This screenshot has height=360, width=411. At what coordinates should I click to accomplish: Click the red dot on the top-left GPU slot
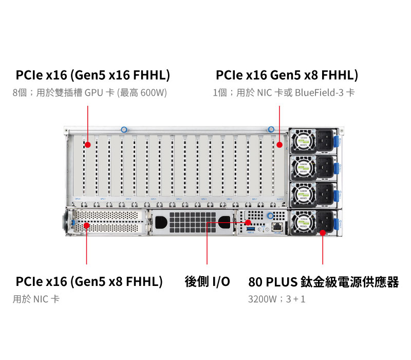(x=88, y=145)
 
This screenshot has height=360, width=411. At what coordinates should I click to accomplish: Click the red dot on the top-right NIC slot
(x=279, y=145)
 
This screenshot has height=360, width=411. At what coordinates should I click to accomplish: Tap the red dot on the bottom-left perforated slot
(x=87, y=225)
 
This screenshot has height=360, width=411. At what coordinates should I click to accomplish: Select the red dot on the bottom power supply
(x=323, y=232)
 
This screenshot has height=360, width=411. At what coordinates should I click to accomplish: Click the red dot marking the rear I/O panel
(x=249, y=223)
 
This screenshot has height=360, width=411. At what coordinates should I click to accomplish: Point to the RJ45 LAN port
(x=277, y=225)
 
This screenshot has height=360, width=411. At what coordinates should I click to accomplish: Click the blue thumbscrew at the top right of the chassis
(x=271, y=130)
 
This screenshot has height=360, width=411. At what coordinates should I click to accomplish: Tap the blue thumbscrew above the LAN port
(x=270, y=217)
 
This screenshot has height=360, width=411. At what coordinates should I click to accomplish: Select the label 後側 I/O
(x=207, y=282)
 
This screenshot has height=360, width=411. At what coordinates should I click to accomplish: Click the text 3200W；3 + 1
(x=276, y=299)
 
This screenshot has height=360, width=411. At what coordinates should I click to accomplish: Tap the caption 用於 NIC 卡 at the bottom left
(x=36, y=299)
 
